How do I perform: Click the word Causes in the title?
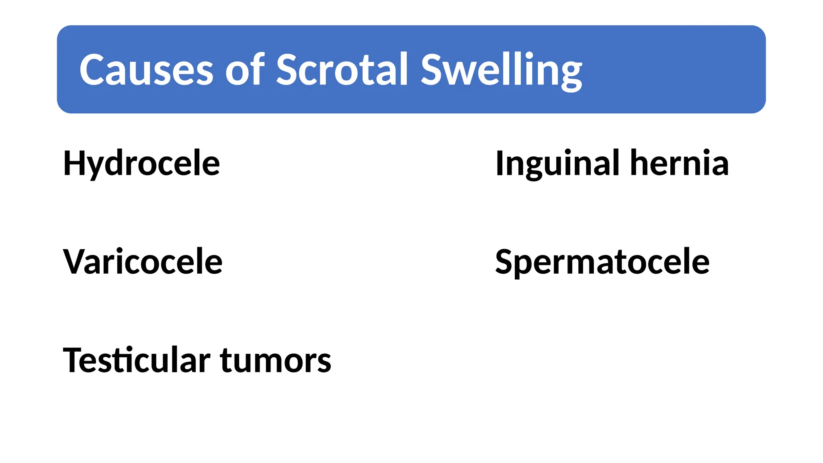coord(146,70)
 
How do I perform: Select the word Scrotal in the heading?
coord(342,70)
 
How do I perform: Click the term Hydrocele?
coord(141,163)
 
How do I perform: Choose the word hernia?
coord(679,163)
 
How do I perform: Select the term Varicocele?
coord(143,262)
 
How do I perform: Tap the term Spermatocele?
coord(602,262)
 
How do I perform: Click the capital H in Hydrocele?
coord(74,163)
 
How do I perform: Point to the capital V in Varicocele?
coord(73,262)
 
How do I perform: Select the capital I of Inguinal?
coord(500,163)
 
